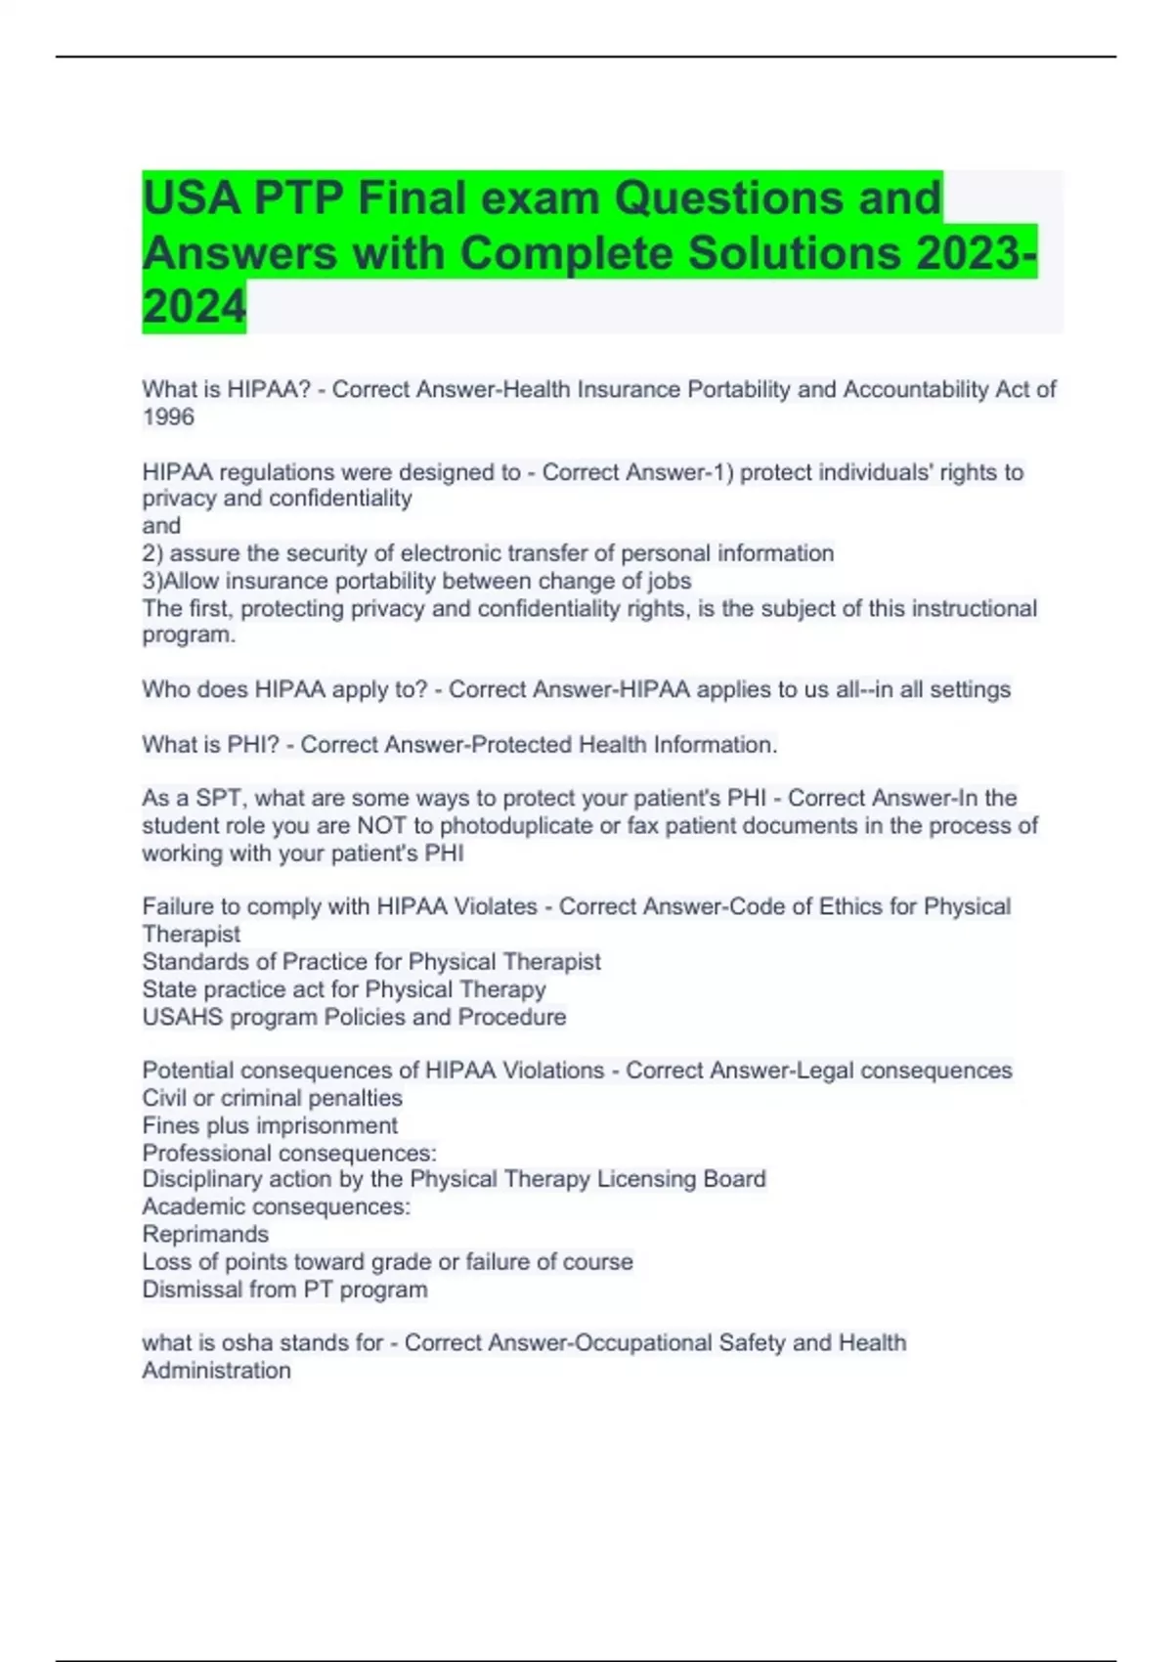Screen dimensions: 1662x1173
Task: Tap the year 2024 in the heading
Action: [195, 307]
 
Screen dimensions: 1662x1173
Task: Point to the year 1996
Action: [168, 417]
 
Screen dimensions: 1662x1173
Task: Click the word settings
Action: [970, 690]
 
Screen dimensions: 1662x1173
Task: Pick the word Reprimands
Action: [205, 1235]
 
